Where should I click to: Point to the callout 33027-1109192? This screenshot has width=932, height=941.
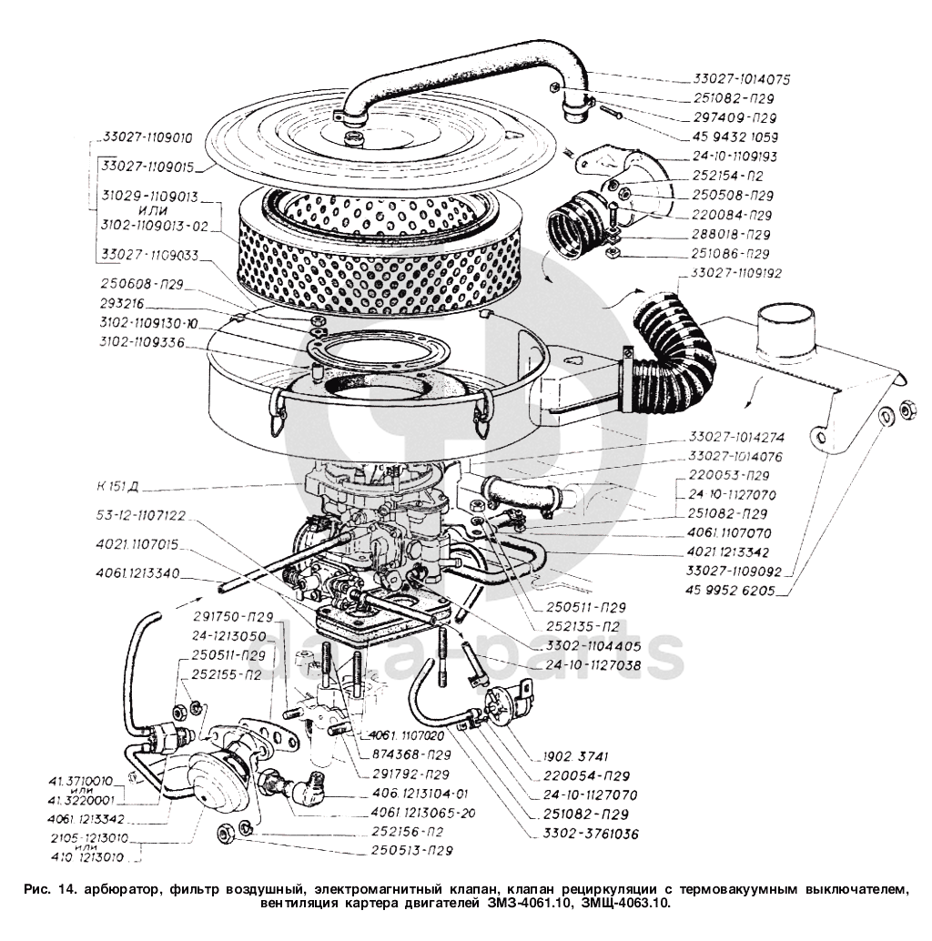[736, 272]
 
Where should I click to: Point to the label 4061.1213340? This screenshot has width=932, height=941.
[137, 573]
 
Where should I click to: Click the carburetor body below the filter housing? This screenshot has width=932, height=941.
[373, 528]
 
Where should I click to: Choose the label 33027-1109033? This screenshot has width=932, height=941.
[148, 255]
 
